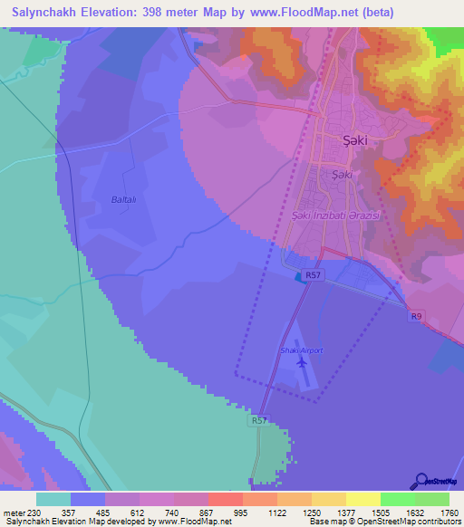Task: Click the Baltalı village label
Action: (123, 198)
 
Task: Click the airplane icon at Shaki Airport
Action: (302, 364)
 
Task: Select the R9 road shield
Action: (416, 316)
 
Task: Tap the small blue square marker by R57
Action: (299, 277)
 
